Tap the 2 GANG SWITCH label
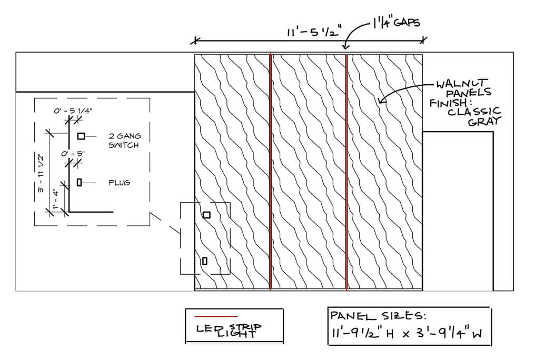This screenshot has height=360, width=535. click(124, 141)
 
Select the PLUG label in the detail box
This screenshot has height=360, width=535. click(119, 183)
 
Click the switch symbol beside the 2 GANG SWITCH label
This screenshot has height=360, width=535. click(81, 136)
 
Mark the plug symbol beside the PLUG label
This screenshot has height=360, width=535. click(80, 183)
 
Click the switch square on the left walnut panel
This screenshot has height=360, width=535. click(207, 215)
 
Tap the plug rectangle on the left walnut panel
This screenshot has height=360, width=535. click(205, 261)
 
